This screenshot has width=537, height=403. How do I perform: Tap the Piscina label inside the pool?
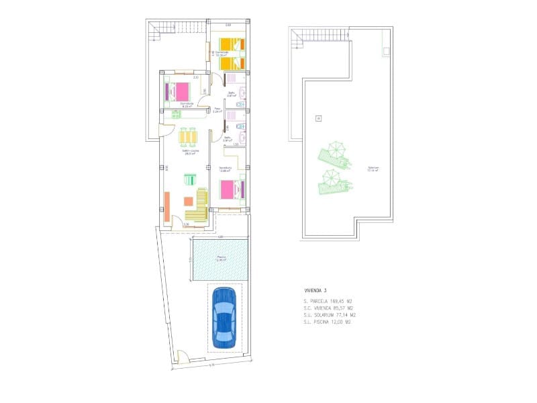[221, 258]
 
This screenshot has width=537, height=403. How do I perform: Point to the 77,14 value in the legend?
[340, 314]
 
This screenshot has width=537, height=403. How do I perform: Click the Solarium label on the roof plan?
[373, 169]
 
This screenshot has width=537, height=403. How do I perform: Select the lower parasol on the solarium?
[330, 177]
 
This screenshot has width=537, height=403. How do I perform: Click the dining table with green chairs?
[188, 137]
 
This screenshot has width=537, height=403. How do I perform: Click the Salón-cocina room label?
[191, 152]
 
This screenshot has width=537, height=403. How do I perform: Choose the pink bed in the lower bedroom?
[230, 190]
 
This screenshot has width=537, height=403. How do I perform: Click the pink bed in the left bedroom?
[180, 91]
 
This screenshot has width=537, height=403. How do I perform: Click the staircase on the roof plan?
[297, 38]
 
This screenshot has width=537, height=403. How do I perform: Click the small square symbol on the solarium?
[318, 120]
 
